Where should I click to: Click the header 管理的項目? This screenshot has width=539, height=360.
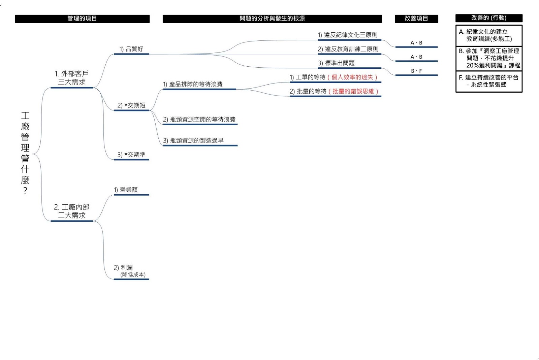coord(82,19)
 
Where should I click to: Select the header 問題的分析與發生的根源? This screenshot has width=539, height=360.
coord(272,19)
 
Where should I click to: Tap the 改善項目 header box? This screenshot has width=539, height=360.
coord(416,19)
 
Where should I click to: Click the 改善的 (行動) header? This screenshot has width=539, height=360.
coord(488,18)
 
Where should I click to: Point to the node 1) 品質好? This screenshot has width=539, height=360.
coord(131,49)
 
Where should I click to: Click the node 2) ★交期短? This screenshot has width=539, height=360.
coord(131,105)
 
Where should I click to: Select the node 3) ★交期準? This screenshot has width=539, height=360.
coord(131,155)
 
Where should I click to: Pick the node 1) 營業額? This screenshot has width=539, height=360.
coord(126,190)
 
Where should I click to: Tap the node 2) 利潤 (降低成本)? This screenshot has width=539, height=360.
coord(130,271)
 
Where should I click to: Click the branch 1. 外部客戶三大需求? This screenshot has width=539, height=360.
coord(71,78)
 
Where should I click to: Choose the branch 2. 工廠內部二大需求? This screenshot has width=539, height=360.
coord(71,211)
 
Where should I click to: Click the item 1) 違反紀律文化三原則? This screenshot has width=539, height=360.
coord(348,35)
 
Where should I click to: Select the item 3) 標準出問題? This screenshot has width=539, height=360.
coord(336,63)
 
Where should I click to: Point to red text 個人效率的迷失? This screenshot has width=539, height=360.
coord(352,77)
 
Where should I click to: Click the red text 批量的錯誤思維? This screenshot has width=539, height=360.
coord(353,92)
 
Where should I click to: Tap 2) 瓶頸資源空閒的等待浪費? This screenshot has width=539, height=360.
coord(199,120)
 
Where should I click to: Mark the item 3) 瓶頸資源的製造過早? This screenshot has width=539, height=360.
coord(193,141)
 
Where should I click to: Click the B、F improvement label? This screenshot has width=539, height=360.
coord(416,71)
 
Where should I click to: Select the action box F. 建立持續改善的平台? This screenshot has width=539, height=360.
coord(488,81)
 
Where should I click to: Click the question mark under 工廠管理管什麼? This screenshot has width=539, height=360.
coord(25,191)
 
